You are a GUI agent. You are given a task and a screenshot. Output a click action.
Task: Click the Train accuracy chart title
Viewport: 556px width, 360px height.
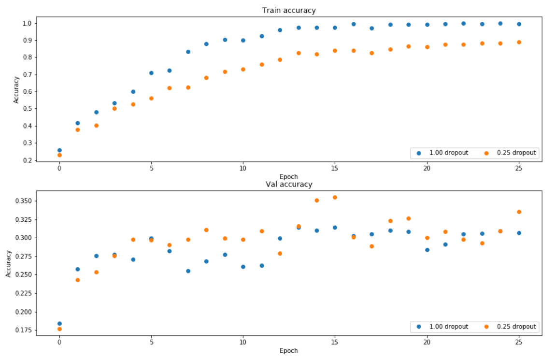[288, 10]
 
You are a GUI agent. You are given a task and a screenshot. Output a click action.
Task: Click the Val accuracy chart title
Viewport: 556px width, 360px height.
[288, 184]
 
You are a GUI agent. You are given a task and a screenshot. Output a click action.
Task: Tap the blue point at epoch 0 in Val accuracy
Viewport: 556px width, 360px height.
[59, 323]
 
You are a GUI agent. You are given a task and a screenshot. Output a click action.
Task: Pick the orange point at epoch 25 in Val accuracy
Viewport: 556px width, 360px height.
[519, 212]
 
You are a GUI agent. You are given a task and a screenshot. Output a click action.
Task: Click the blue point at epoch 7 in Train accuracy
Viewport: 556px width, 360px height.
[188, 52]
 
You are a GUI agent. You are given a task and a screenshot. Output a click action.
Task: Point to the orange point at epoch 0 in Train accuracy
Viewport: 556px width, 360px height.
[59, 155]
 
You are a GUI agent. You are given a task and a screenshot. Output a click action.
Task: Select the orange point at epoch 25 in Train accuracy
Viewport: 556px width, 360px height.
[519, 42]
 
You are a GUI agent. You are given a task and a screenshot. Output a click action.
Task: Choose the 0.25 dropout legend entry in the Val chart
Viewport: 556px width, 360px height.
[511, 327]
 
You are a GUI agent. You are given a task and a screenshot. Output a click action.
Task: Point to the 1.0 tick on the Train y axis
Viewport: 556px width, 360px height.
[27, 23]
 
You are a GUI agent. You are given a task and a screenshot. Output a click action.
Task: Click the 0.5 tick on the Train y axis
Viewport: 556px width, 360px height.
[27, 109]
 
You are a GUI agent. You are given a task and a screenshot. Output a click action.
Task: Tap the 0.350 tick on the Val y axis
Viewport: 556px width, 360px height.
[24, 201]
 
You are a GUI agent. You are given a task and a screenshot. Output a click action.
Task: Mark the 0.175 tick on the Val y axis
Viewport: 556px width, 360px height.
[24, 330]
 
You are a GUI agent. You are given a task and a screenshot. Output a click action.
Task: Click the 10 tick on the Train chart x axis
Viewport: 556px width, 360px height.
[243, 168]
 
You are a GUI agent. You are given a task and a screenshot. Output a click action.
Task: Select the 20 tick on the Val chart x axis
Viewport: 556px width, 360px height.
[427, 342]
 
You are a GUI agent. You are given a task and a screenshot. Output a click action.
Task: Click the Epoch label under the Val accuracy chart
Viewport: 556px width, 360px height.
[288, 350]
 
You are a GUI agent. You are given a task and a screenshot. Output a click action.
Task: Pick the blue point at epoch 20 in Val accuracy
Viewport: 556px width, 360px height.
[427, 250]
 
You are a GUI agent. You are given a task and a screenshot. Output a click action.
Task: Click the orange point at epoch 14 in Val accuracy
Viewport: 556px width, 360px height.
[317, 200]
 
